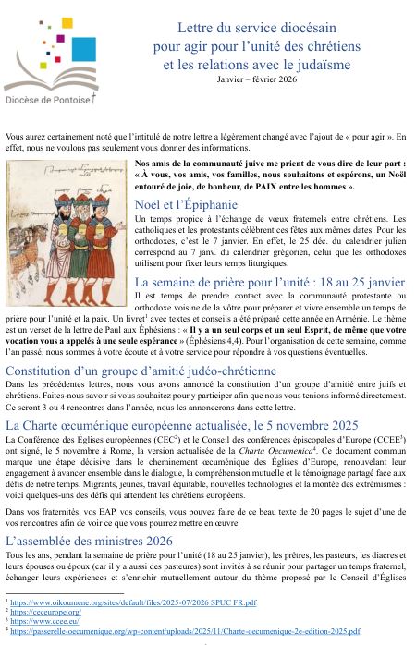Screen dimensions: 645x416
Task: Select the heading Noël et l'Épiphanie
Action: [x=186, y=205]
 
